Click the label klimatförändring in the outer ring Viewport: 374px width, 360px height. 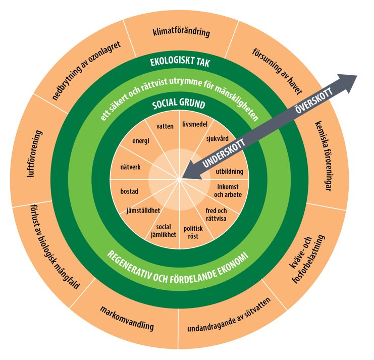click(181, 34)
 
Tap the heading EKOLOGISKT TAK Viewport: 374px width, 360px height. click(180, 63)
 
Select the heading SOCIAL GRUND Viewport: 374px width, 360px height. click(179, 105)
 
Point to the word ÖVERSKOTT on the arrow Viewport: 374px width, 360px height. click(309, 101)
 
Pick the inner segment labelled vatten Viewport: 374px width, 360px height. click(165, 126)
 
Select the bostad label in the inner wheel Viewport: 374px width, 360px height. click(129, 191)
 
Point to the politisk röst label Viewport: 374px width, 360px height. click(193, 231)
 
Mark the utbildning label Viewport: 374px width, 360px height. click(229, 172)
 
